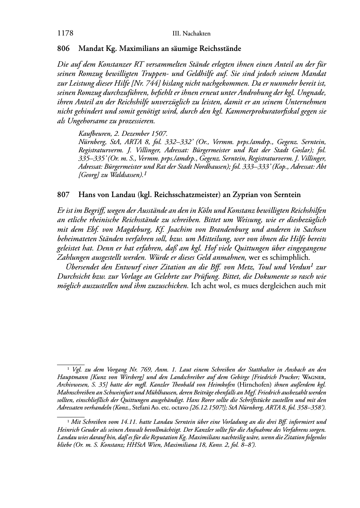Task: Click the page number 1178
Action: click(x=65, y=34)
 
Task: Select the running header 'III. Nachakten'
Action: click(x=191, y=34)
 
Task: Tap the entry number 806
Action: click(x=63, y=48)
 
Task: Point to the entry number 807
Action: click(x=63, y=195)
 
